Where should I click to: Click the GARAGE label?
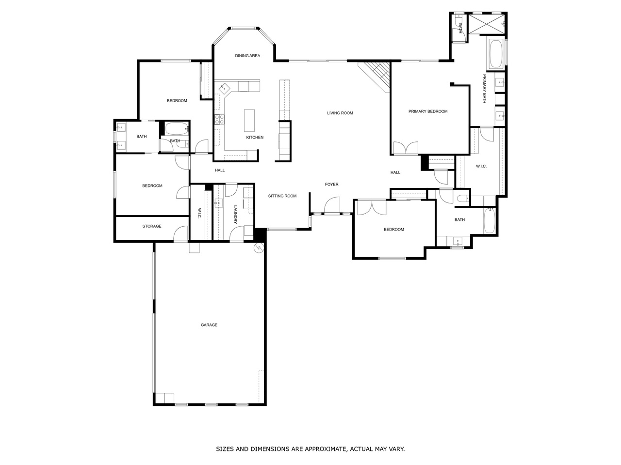tap(209, 325)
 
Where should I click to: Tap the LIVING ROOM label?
tap(340, 113)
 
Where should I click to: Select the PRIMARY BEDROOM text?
tap(428, 111)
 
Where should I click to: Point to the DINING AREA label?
tap(247, 56)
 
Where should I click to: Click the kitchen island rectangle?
tap(249, 121)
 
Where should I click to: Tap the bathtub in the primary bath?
tap(496, 54)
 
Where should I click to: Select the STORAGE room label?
tap(152, 226)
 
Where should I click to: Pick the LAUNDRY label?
tap(235, 214)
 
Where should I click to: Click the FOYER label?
tap(331, 185)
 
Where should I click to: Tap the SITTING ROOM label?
tap(282, 196)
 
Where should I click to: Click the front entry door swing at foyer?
tap(332, 205)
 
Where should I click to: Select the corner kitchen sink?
tap(224, 88)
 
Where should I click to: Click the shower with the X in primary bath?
tap(487, 24)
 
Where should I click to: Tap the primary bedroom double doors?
tap(406, 148)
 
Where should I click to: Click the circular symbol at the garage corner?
tap(259, 248)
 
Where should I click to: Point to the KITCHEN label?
tap(255, 137)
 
